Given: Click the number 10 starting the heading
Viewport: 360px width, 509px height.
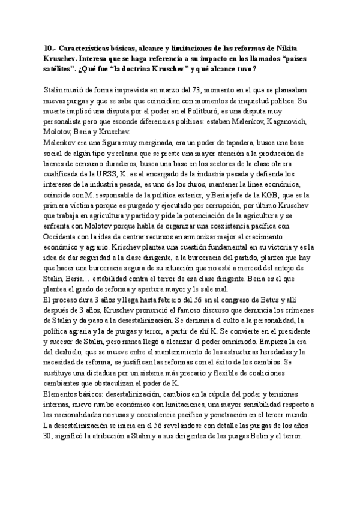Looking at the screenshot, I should point(49,48).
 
